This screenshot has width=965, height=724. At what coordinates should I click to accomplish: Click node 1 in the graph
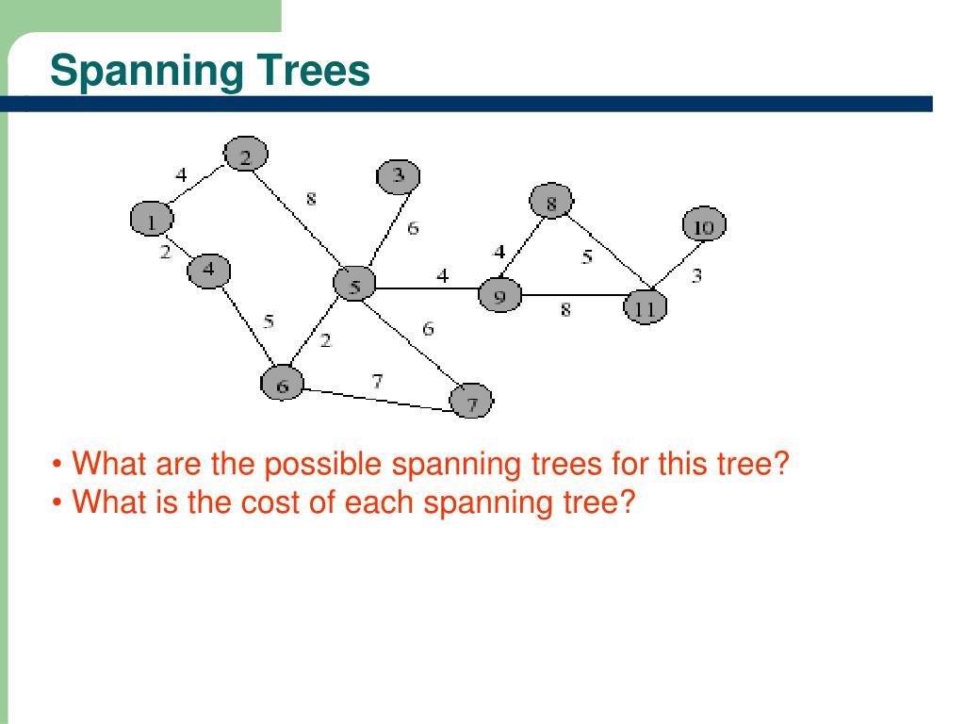pyautogui.click(x=151, y=220)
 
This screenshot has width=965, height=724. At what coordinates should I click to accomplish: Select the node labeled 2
pyautogui.click(x=246, y=155)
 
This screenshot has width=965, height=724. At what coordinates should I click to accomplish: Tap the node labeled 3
pyautogui.click(x=398, y=175)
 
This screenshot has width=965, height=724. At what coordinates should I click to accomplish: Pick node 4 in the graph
pyautogui.click(x=208, y=271)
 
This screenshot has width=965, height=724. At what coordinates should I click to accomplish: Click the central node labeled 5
pyautogui.click(x=354, y=284)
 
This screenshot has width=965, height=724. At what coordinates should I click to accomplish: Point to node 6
pyautogui.click(x=282, y=383)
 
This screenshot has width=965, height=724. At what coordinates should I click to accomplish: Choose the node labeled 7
pyautogui.click(x=471, y=403)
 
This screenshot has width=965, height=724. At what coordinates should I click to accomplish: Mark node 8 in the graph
pyautogui.click(x=551, y=201)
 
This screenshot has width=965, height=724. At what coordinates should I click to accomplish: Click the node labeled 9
pyautogui.click(x=499, y=296)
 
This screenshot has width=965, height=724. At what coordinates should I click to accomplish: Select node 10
pyautogui.click(x=704, y=226)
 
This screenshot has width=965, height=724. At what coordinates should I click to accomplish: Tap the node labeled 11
pyautogui.click(x=646, y=306)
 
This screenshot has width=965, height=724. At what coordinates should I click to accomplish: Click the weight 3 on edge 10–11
pyautogui.click(x=696, y=276)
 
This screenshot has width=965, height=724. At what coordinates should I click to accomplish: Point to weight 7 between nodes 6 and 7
pyautogui.click(x=377, y=381)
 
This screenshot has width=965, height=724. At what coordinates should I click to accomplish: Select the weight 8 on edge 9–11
pyautogui.click(x=565, y=309)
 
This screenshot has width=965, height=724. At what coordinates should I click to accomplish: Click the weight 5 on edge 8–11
pyautogui.click(x=586, y=256)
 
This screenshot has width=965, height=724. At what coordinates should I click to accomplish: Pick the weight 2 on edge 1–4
pyautogui.click(x=165, y=252)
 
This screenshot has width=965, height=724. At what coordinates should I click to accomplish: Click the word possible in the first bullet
pyautogui.click(x=323, y=465)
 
